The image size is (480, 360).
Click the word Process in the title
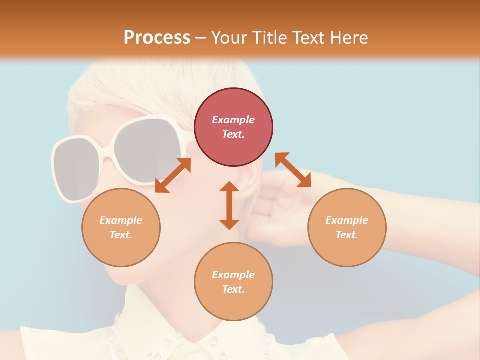[157, 37]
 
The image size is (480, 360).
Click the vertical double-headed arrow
[229, 205]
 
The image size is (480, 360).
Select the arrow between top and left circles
[173, 175]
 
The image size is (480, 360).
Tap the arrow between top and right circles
[293, 170]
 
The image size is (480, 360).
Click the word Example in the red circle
[233, 120]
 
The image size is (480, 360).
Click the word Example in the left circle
[121, 220]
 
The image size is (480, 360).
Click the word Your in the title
[229, 37]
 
